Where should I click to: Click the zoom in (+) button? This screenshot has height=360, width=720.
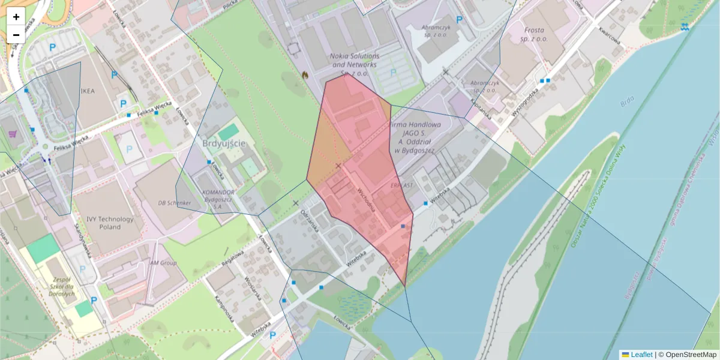click(16, 17)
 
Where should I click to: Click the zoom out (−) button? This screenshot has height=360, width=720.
click(16, 35)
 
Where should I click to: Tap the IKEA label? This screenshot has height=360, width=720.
click(88, 91)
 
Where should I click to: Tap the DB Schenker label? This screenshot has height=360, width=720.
click(174, 203)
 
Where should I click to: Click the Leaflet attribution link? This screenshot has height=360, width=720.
click(641, 355)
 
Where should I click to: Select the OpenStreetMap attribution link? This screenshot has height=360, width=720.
click(691, 355)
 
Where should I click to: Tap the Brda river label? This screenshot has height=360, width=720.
click(626, 103)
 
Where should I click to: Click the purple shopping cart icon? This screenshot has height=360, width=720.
click(11, 133)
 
